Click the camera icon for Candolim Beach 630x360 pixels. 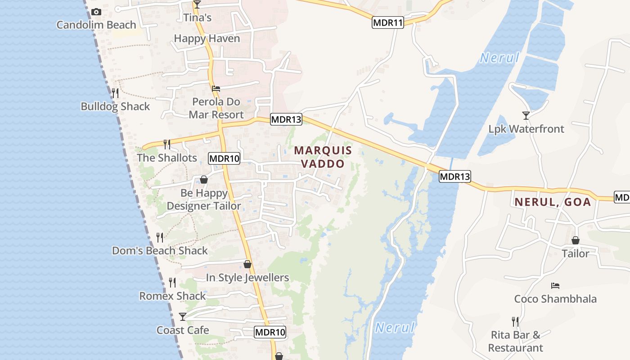point(96,12)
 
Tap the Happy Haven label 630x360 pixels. point(207,39)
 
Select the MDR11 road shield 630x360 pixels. point(387,22)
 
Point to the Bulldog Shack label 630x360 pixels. point(115,107)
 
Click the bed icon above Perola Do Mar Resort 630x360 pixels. point(216,89)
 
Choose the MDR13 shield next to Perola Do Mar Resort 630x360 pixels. point(286,119)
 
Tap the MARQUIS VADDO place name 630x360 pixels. point(323,157)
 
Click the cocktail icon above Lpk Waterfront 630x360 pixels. point(526,116)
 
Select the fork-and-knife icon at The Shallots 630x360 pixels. point(166,144)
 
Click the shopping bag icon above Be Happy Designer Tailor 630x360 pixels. point(204,180)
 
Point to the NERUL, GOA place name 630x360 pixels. point(553,202)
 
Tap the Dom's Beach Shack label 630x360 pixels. point(160,251)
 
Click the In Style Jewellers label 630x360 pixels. point(247,278)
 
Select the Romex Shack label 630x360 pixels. point(172,296)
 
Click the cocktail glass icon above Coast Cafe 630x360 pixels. point(182,317)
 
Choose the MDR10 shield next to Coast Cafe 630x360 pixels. point(270,333)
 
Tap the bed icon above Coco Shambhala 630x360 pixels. point(555,286)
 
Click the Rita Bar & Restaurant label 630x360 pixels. point(516,342)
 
